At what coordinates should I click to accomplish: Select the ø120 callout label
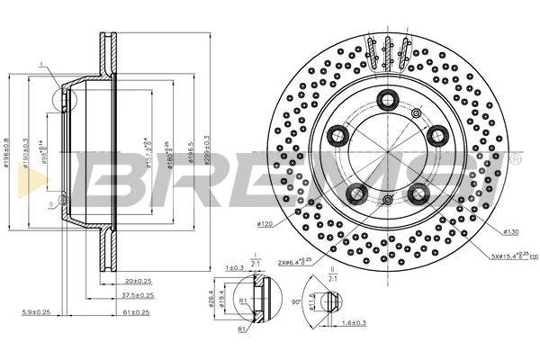(x=265, y=222)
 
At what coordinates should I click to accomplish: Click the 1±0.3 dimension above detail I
(x=236, y=267)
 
